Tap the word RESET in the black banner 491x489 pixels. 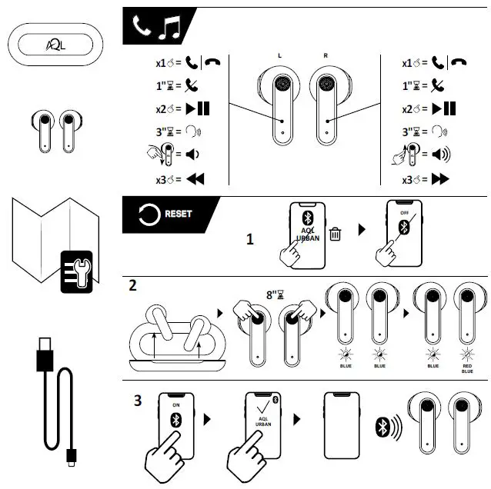178,214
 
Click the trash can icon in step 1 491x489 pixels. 335,233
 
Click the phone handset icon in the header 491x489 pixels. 142,28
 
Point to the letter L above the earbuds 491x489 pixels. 279,56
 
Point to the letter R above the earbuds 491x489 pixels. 325,56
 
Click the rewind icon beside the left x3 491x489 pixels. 195,180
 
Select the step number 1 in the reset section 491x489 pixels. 249,239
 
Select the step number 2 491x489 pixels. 133,286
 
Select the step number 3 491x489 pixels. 139,400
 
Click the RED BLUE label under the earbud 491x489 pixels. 466,367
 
